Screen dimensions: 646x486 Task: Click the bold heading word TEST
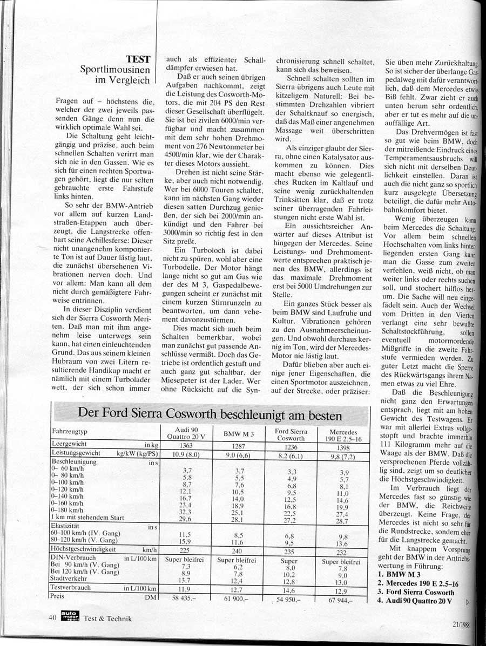(x=138, y=59)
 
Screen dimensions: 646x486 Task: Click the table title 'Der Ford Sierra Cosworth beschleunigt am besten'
(x=210, y=414)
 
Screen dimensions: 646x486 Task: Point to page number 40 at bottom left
(x=52, y=617)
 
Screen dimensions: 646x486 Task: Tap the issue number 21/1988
(x=463, y=622)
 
